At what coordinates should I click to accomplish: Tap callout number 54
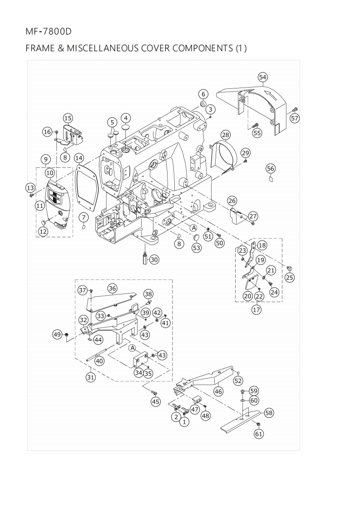tap(262, 77)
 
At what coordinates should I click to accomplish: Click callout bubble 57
tap(295, 118)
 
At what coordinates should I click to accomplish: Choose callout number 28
tap(226, 135)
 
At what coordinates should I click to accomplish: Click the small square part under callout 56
tap(270, 179)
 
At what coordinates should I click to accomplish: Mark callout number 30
tap(154, 259)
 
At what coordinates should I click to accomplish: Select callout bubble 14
tap(79, 158)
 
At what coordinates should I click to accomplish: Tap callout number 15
tap(68, 118)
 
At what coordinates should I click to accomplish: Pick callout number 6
tap(203, 94)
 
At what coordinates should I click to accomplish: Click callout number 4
tap(126, 118)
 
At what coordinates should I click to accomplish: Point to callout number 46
tap(218, 391)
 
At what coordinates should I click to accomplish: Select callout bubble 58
tap(269, 412)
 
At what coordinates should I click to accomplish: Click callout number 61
tap(259, 434)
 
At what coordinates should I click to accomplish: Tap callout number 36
tap(112, 288)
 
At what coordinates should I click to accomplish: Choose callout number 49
tap(57, 335)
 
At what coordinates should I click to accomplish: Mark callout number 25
tap(289, 278)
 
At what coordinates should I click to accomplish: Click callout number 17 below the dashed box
tap(256, 310)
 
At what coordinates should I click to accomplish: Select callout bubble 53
tap(196, 248)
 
